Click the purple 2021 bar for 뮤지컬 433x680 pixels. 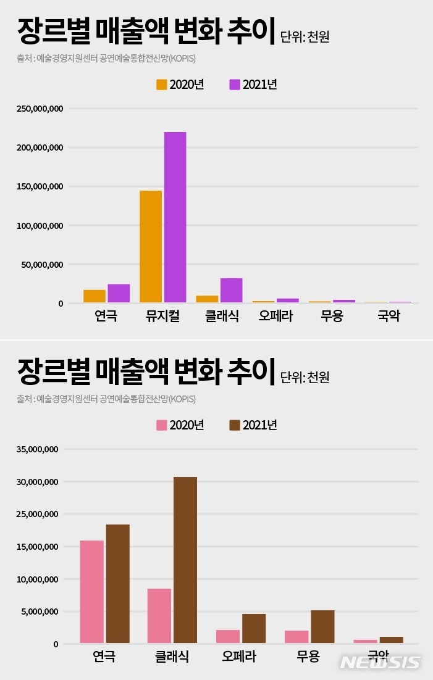(x=175, y=217)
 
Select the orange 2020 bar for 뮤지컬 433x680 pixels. (x=151, y=246)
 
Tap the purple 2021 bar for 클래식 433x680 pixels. (x=231, y=290)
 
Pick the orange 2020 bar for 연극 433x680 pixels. (x=95, y=296)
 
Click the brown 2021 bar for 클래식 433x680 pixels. (x=185, y=560)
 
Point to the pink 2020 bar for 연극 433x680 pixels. (x=91, y=592)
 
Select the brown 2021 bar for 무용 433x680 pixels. (x=322, y=626)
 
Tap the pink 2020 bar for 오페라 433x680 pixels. (x=229, y=636)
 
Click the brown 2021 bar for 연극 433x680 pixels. (x=117, y=584)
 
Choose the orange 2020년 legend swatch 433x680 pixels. (x=162, y=85)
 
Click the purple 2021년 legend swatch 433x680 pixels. (x=235, y=85)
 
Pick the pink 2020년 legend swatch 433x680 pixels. (x=162, y=425)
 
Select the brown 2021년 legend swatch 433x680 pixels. (x=235, y=425)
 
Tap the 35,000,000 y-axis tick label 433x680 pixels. (x=39, y=449)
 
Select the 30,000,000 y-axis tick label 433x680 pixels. (x=39, y=482)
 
